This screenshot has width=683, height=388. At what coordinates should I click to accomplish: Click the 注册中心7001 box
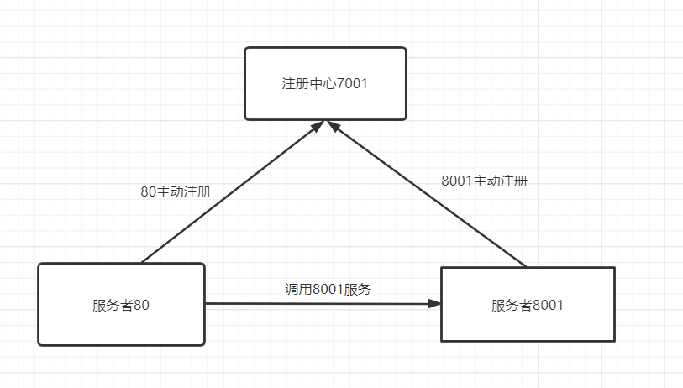[x=325, y=83]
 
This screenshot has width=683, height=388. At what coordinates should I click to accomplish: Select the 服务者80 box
[x=121, y=304]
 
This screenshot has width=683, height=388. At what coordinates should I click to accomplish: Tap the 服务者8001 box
[x=528, y=304]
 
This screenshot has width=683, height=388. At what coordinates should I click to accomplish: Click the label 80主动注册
[x=176, y=191]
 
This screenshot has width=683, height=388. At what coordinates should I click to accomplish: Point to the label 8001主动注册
[x=485, y=181]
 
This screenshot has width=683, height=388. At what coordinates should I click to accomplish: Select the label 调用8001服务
[x=328, y=289]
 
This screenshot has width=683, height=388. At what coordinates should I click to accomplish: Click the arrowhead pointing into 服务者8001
[x=434, y=303]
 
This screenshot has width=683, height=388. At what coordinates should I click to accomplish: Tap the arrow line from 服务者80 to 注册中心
[x=233, y=191]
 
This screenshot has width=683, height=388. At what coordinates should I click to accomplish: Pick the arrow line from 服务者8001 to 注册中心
[x=426, y=193]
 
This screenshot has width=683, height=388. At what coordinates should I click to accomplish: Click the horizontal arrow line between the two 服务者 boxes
[x=323, y=303]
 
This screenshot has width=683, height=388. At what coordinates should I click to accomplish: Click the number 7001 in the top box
[x=352, y=83]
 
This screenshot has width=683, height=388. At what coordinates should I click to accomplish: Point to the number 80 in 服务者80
[x=141, y=305]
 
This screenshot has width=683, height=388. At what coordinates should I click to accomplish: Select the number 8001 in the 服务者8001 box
[x=548, y=305]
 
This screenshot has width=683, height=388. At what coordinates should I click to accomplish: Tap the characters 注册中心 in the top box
[x=309, y=83]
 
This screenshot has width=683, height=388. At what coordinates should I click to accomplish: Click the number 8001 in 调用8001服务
[x=328, y=289]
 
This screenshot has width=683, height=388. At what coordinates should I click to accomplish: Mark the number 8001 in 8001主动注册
[x=457, y=181]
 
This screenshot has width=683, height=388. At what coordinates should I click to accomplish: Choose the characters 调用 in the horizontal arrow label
[x=299, y=289]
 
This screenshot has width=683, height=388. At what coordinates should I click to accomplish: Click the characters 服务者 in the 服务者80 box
[x=113, y=305]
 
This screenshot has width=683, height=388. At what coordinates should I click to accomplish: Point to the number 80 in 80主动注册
[x=149, y=191]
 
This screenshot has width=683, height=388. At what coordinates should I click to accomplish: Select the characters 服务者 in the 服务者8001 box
[x=512, y=305]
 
